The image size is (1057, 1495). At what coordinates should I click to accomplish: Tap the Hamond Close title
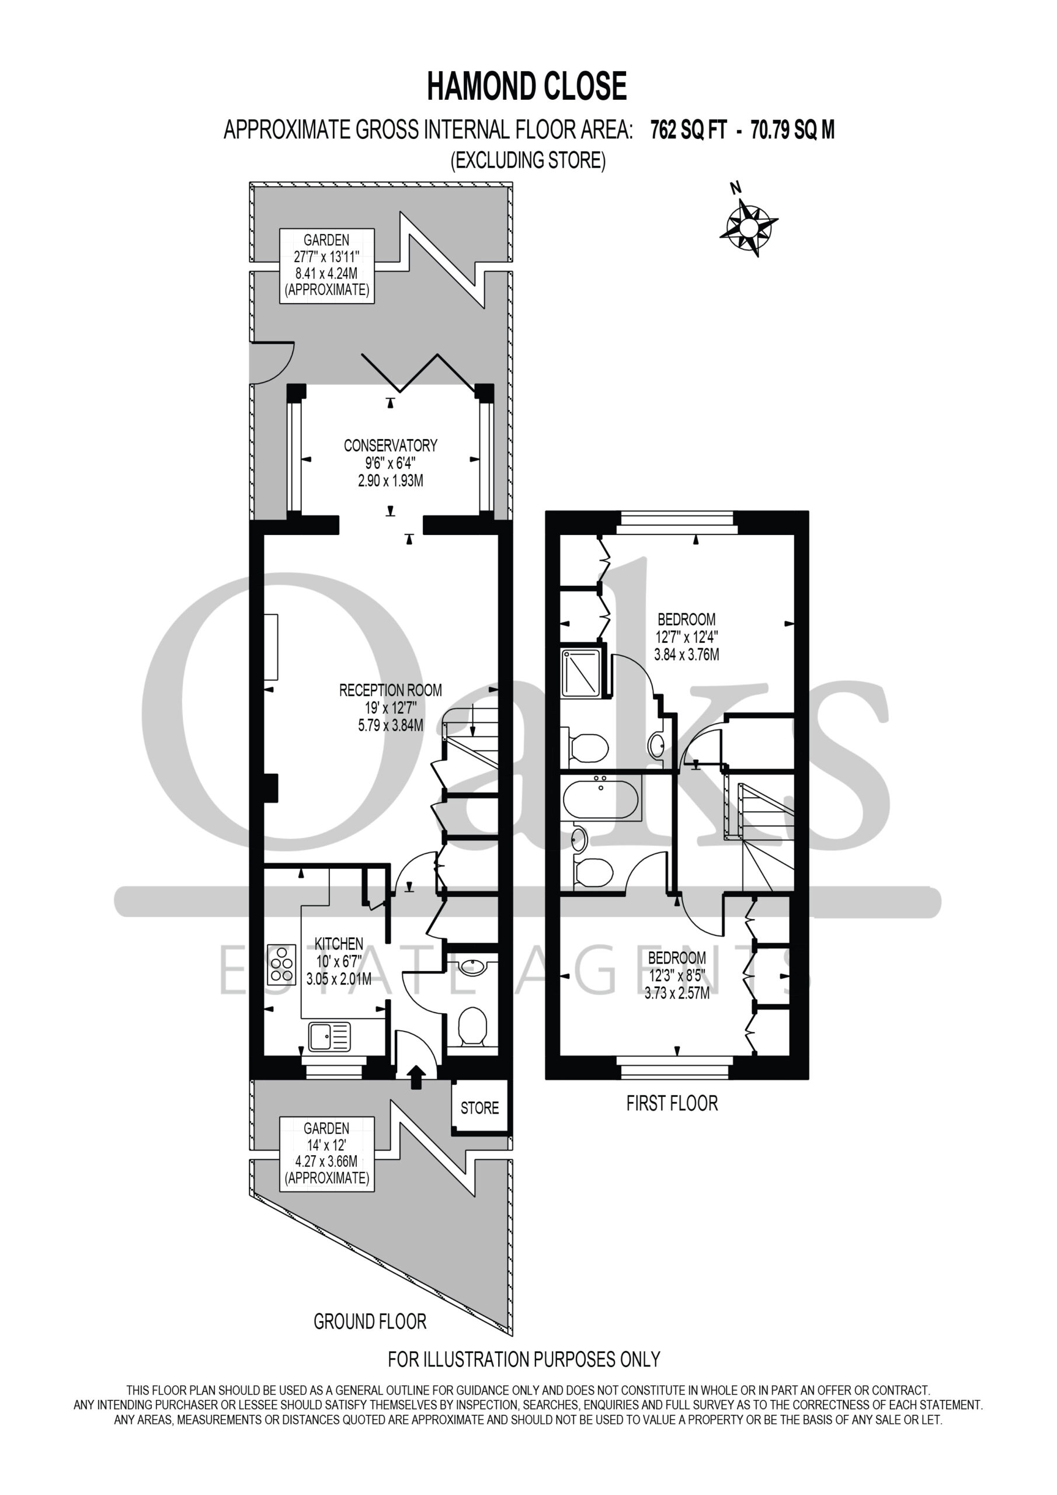527,86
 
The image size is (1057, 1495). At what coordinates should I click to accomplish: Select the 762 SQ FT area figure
689,130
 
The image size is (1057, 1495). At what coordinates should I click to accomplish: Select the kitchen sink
329,1037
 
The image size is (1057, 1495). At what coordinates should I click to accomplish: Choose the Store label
479,1108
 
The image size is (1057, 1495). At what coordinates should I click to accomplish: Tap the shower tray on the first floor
582,672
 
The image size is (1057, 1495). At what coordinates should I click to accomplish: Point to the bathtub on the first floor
601,797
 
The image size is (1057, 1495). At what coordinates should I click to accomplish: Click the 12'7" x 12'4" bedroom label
686,637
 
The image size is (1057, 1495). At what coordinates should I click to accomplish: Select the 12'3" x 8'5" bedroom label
677,975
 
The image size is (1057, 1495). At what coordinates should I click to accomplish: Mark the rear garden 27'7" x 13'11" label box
327,266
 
